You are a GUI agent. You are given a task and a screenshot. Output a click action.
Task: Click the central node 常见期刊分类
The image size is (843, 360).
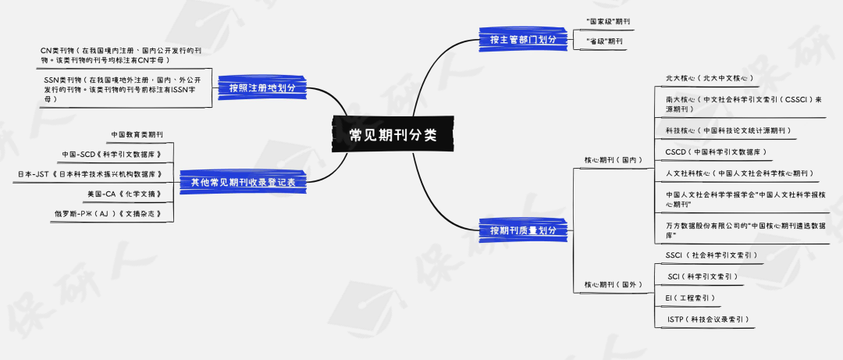coord(393,134)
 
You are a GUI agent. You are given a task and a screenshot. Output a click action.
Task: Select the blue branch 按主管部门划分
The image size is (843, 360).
coord(523,39)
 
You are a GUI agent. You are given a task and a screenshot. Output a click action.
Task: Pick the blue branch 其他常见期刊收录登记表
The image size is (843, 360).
coord(243,182)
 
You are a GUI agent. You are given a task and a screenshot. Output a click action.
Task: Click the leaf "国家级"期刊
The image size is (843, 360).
coord(609,20)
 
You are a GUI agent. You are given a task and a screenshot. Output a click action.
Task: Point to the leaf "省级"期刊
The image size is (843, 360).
coord(603,41)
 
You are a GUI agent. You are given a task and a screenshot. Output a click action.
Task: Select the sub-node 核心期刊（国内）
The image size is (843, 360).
coord(614,160)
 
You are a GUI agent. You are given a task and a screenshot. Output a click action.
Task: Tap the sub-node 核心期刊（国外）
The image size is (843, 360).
coord(614,284)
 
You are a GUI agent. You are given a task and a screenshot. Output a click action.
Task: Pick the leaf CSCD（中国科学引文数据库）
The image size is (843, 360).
coord(717,151)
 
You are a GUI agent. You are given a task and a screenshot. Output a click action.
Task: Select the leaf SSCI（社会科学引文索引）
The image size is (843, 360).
coord(711,255)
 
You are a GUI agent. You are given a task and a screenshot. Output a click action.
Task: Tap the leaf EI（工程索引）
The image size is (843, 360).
coord(690,298)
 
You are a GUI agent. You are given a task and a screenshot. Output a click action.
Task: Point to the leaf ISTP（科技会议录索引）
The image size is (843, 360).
coord(708,319)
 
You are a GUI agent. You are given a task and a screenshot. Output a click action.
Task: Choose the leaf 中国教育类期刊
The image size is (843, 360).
coord(137,134)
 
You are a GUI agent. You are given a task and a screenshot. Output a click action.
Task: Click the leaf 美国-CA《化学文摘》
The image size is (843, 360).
coord(126,193)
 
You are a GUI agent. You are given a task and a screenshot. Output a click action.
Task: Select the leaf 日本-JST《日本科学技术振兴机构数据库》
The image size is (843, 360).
coord(90,173)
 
